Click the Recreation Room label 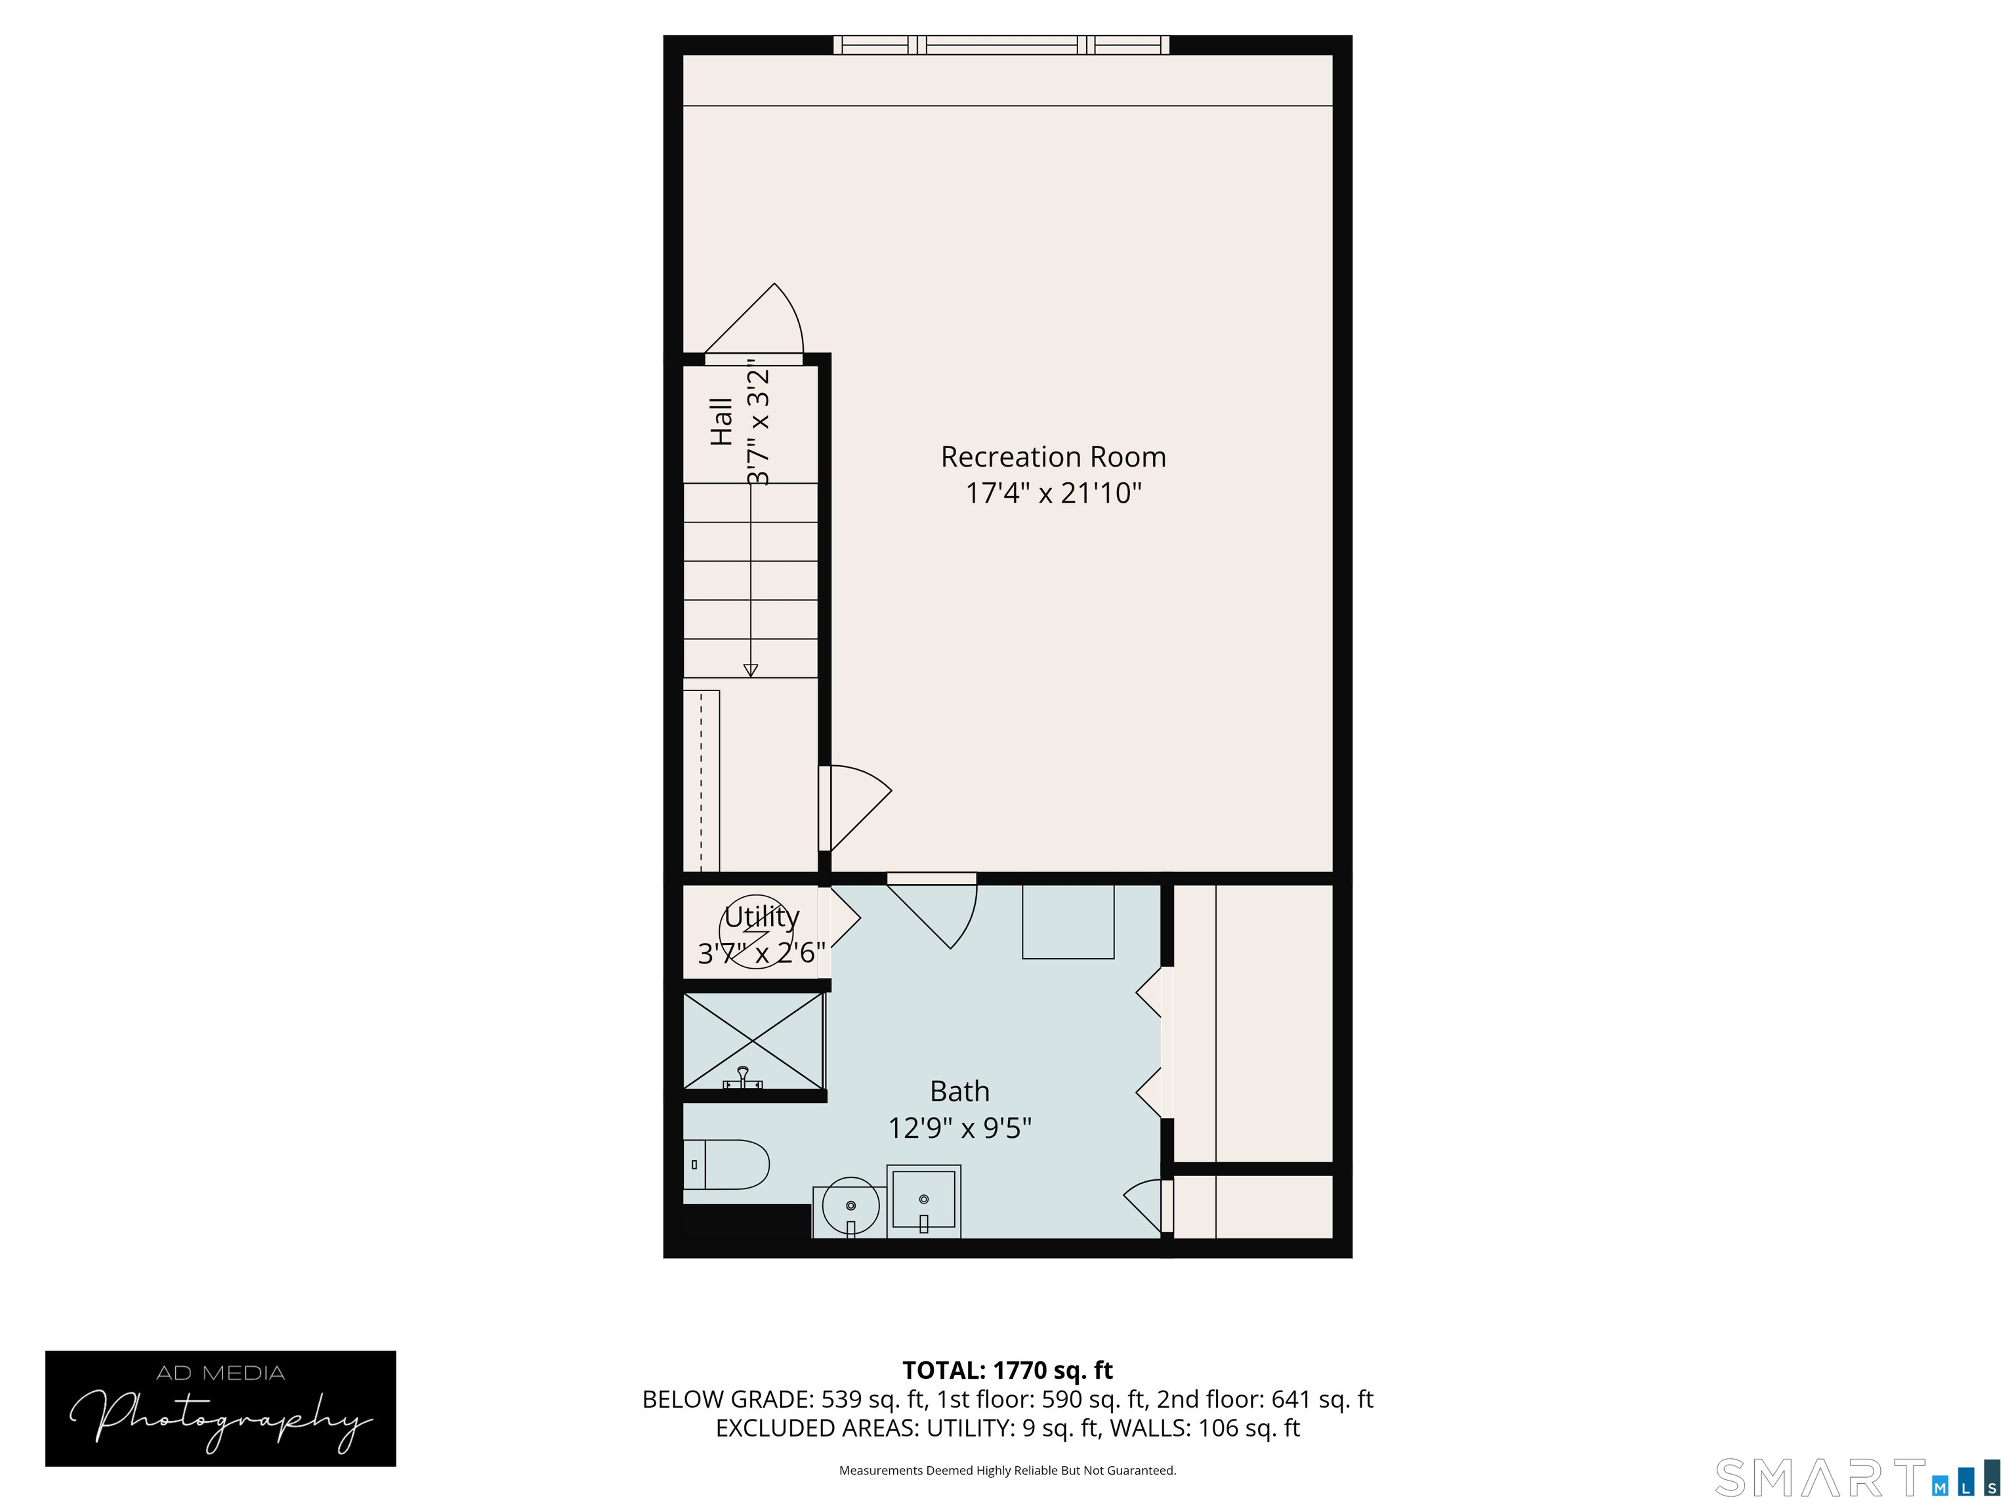1053,457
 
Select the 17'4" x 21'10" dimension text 1053,493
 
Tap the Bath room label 959,1091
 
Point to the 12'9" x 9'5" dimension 959,1128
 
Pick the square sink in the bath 923,1200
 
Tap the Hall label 721,421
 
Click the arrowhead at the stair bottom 751,671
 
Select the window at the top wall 1001,45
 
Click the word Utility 762,917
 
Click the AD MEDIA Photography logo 220,1408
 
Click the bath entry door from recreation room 931,912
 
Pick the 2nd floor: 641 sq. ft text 1265,1399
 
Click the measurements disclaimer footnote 1007,1470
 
